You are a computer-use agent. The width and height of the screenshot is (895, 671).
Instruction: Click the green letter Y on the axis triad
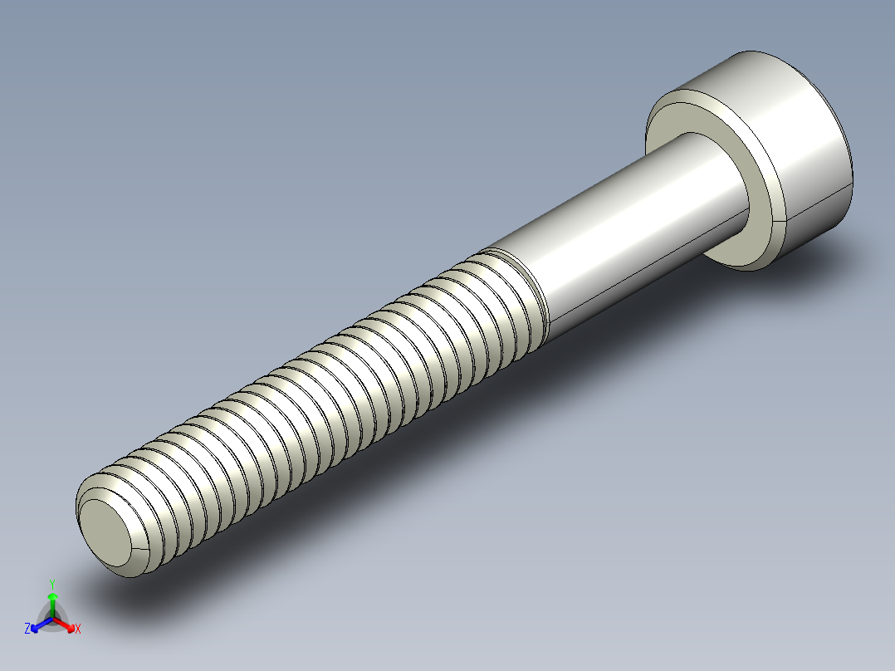click(52, 584)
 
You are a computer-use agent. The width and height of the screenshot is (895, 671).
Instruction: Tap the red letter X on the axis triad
click(77, 629)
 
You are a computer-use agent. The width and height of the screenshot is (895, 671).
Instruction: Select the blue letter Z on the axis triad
click(27, 629)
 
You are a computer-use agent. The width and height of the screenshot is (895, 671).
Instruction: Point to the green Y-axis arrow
click(52, 602)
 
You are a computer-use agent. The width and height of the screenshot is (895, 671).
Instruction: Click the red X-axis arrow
click(66, 624)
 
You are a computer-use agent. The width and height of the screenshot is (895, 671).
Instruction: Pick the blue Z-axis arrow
click(38, 624)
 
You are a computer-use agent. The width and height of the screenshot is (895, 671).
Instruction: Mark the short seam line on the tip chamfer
click(137, 551)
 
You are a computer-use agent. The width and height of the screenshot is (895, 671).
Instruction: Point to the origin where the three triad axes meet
click(52, 620)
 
